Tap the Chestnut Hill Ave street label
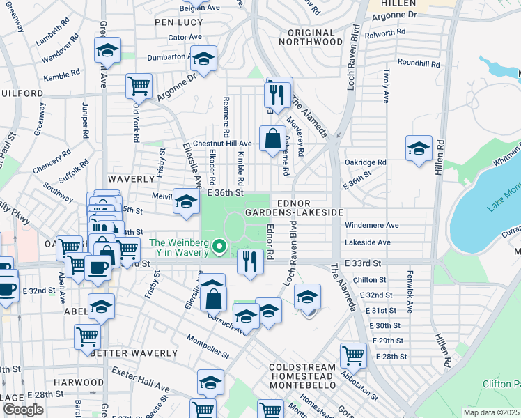222,143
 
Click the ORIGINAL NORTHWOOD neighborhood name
306,37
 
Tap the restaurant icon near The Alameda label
279,94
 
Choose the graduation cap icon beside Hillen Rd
419,149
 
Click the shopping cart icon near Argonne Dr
139,86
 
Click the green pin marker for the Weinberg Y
221,245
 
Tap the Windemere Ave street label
372,225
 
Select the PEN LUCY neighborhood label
178,22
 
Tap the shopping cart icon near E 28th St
353,356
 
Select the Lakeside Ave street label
368,242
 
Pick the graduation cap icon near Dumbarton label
203,60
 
